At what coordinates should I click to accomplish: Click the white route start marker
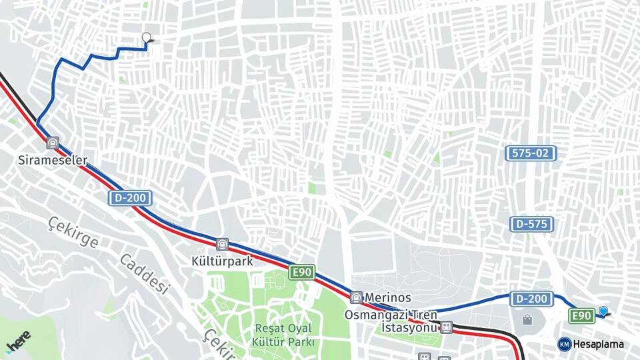[147, 37]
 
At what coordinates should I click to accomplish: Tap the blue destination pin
[603, 311]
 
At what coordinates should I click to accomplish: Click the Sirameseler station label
[53, 160]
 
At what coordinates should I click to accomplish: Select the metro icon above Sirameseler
[53, 143]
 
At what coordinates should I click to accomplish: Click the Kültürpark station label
[222, 261]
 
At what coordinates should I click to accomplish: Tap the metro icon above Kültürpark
[222, 245]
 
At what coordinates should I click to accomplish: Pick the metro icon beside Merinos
[357, 298]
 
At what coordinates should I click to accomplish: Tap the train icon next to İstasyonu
[446, 327]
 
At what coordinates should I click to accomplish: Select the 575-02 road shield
[531, 153]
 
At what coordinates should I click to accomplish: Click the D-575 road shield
[531, 224]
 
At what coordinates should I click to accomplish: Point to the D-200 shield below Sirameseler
[131, 198]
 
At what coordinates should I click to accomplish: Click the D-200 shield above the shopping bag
[531, 299]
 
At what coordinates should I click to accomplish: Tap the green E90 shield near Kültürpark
[301, 272]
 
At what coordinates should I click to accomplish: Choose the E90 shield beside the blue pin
[581, 316]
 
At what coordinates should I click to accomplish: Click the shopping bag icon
[527, 321]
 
